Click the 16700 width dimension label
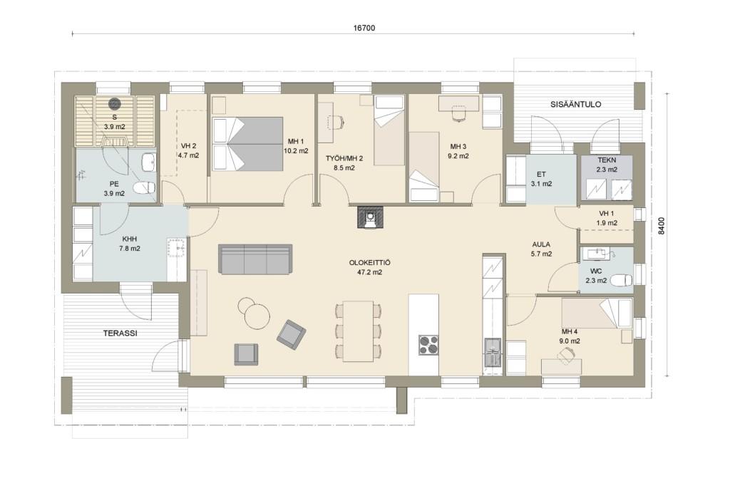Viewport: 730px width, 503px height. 364,28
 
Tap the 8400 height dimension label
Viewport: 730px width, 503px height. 662,226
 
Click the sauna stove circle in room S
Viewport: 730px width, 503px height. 114,103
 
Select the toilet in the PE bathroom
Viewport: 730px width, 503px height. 144,188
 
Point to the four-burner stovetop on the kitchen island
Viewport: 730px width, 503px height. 428,345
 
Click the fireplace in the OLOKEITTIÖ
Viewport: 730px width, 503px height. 370,217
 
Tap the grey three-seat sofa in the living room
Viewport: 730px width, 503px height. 255,259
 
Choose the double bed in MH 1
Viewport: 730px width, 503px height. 247,144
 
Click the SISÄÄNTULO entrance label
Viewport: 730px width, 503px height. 575,104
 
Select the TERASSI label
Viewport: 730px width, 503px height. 120,333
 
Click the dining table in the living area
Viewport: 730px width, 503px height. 358,331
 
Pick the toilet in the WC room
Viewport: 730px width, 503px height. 622,281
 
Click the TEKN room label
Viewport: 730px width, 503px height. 607,160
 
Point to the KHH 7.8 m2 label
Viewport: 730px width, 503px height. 130,244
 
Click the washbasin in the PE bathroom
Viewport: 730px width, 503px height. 149,162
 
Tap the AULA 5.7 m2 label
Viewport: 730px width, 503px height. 542,249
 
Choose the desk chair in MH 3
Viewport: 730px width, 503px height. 458,113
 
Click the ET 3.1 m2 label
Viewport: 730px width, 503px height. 542,179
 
